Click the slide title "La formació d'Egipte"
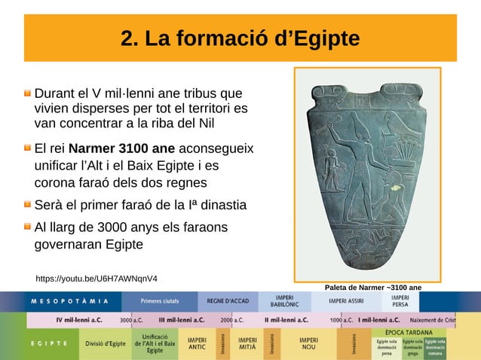[240, 38]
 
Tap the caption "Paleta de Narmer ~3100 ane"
[372, 287]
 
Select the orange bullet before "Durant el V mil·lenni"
[27, 94]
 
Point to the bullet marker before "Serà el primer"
[27, 205]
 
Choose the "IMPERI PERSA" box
[400, 301]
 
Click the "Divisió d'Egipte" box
[106, 343]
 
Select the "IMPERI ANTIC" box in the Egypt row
[198, 343]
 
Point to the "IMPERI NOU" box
[308, 343]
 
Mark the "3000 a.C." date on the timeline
[132, 319]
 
